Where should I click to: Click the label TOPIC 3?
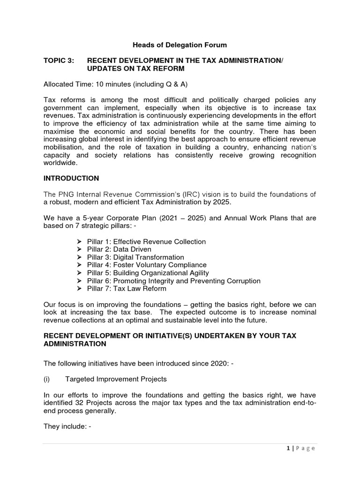(59, 61)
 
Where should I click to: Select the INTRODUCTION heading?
(71, 178)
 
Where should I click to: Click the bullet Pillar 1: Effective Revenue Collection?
(146, 242)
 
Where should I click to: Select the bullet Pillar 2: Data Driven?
(119, 249)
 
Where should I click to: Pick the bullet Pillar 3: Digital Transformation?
(135, 257)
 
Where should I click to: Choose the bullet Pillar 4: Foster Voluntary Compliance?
(147, 265)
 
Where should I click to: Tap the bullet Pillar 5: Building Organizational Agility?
(148, 273)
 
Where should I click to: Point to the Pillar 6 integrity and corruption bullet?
(174, 281)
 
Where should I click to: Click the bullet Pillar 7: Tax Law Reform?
(127, 289)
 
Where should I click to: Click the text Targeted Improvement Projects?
(123, 379)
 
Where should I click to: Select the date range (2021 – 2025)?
(169, 218)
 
